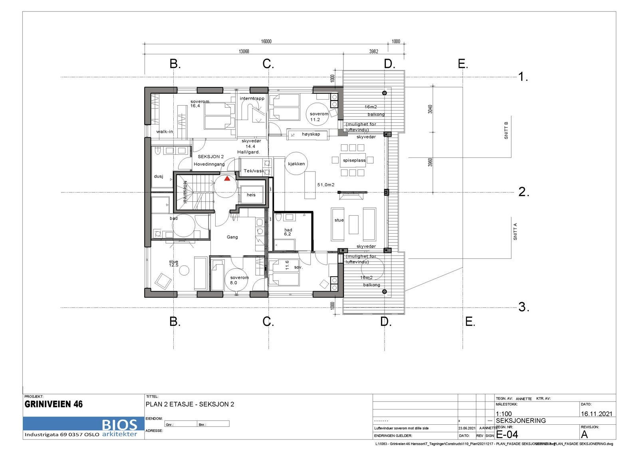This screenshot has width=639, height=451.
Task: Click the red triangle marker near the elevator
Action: [x=227, y=179]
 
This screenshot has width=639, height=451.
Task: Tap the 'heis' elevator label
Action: [x=251, y=195]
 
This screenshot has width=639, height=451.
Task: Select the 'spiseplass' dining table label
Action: [x=354, y=161]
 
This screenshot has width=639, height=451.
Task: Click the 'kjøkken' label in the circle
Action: [x=296, y=164]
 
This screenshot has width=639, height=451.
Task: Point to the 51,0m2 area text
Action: [x=325, y=185]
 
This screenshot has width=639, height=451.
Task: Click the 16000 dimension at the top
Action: [x=266, y=41]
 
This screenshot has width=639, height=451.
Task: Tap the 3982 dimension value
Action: [x=373, y=51]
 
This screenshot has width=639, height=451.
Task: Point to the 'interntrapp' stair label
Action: [x=252, y=98]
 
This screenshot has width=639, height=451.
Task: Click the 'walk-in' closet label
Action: [x=165, y=132]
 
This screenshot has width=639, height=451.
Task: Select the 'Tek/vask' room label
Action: [x=253, y=171]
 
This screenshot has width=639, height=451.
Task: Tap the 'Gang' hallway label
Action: [x=232, y=237]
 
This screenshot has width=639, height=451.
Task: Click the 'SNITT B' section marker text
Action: [x=506, y=130]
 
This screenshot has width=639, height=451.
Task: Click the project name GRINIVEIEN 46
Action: [x=54, y=404]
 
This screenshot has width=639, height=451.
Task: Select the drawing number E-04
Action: [x=507, y=434]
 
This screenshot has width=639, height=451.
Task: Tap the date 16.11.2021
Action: [x=596, y=414]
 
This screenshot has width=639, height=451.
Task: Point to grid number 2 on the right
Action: [x=524, y=193]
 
